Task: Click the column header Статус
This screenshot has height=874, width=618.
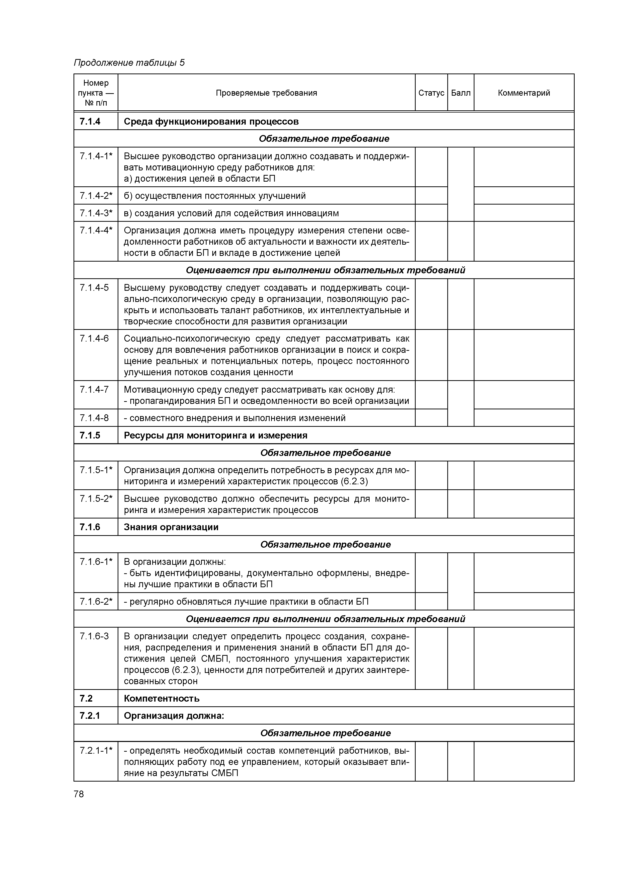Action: click(x=431, y=93)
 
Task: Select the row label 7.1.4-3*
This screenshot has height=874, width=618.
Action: click(x=96, y=213)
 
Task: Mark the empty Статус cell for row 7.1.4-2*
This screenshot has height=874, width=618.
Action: click(x=431, y=196)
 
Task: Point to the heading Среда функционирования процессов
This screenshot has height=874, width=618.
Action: click(x=211, y=121)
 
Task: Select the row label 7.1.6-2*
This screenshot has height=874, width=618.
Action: click(x=96, y=601)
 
